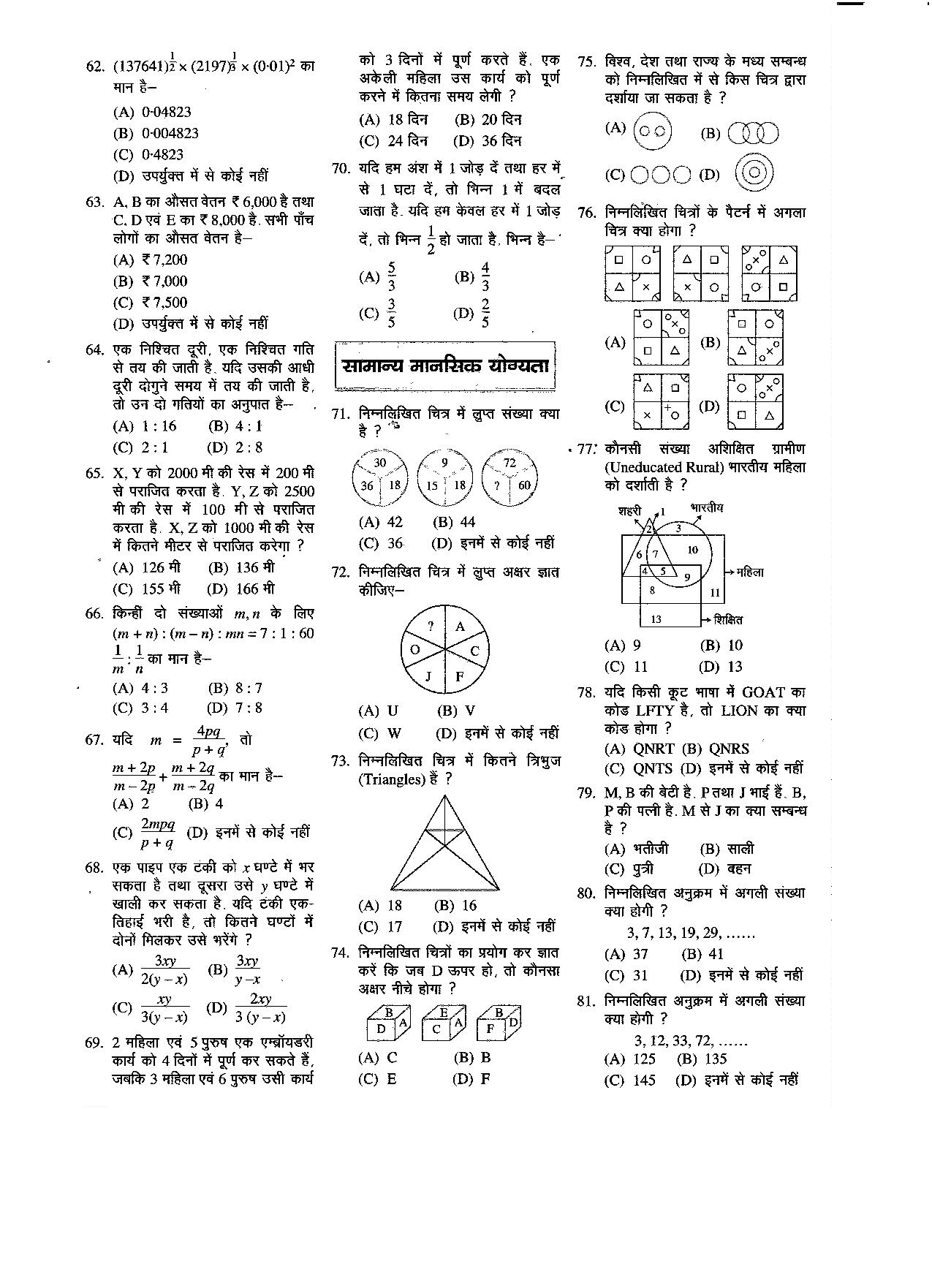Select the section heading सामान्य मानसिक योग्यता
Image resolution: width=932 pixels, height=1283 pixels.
pos(445,366)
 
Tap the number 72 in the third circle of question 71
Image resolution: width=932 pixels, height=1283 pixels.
pos(509,463)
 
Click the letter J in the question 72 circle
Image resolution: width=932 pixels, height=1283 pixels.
pos(429,675)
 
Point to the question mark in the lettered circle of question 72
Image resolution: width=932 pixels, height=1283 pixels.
pos(431,626)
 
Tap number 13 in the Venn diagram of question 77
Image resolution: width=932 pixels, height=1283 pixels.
pos(656,619)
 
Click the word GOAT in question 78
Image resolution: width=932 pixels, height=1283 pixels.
pos(762,692)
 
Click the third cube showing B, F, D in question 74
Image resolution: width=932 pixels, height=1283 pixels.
pos(499,1022)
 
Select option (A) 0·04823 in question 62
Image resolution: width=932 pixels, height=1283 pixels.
pos(152,112)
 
